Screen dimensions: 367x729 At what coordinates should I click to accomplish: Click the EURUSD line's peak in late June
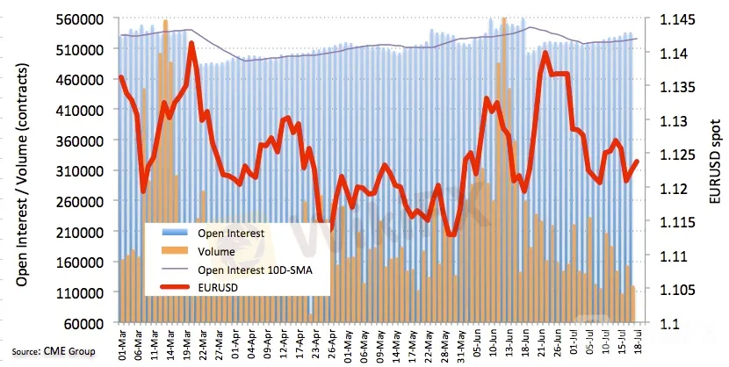(545, 53)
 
